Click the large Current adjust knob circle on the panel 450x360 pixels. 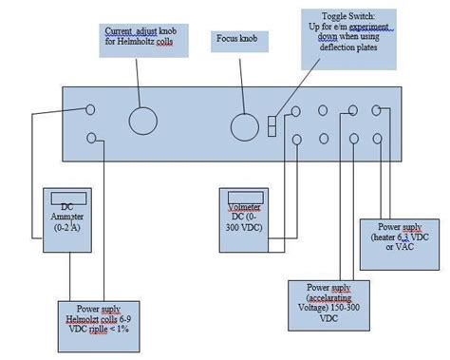pos(142,121)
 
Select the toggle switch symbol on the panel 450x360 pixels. pos(272,126)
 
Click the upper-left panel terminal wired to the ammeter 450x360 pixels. pos(91,109)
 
